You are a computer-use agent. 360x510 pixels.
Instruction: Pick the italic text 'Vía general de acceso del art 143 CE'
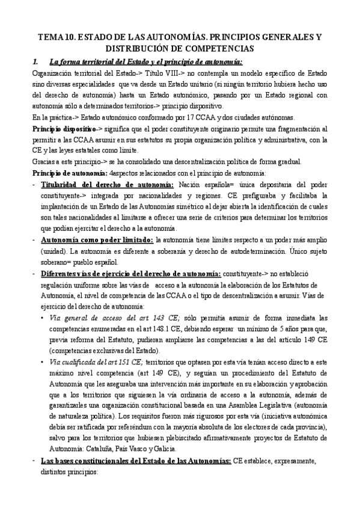115,318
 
